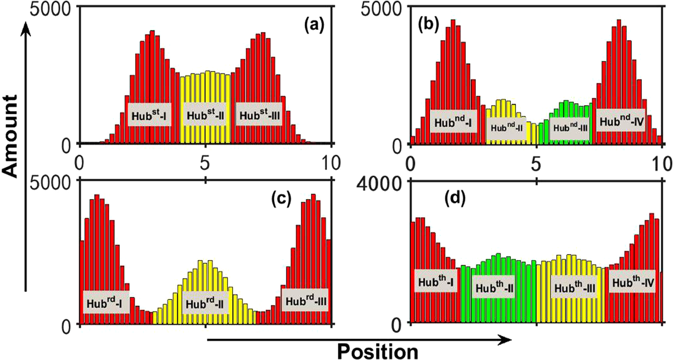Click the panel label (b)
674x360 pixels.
tap(428, 25)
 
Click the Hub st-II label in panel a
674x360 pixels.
tap(205, 115)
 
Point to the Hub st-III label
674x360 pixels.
tap(260, 115)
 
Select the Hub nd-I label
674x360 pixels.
tap(453, 122)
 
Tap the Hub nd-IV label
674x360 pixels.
tap(620, 122)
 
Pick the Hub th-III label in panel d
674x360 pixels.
tap(575, 288)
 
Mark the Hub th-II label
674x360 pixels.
tap(494, 288)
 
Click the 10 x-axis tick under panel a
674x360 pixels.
tap(330, 163)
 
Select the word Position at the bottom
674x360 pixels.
tap(377, 351)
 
